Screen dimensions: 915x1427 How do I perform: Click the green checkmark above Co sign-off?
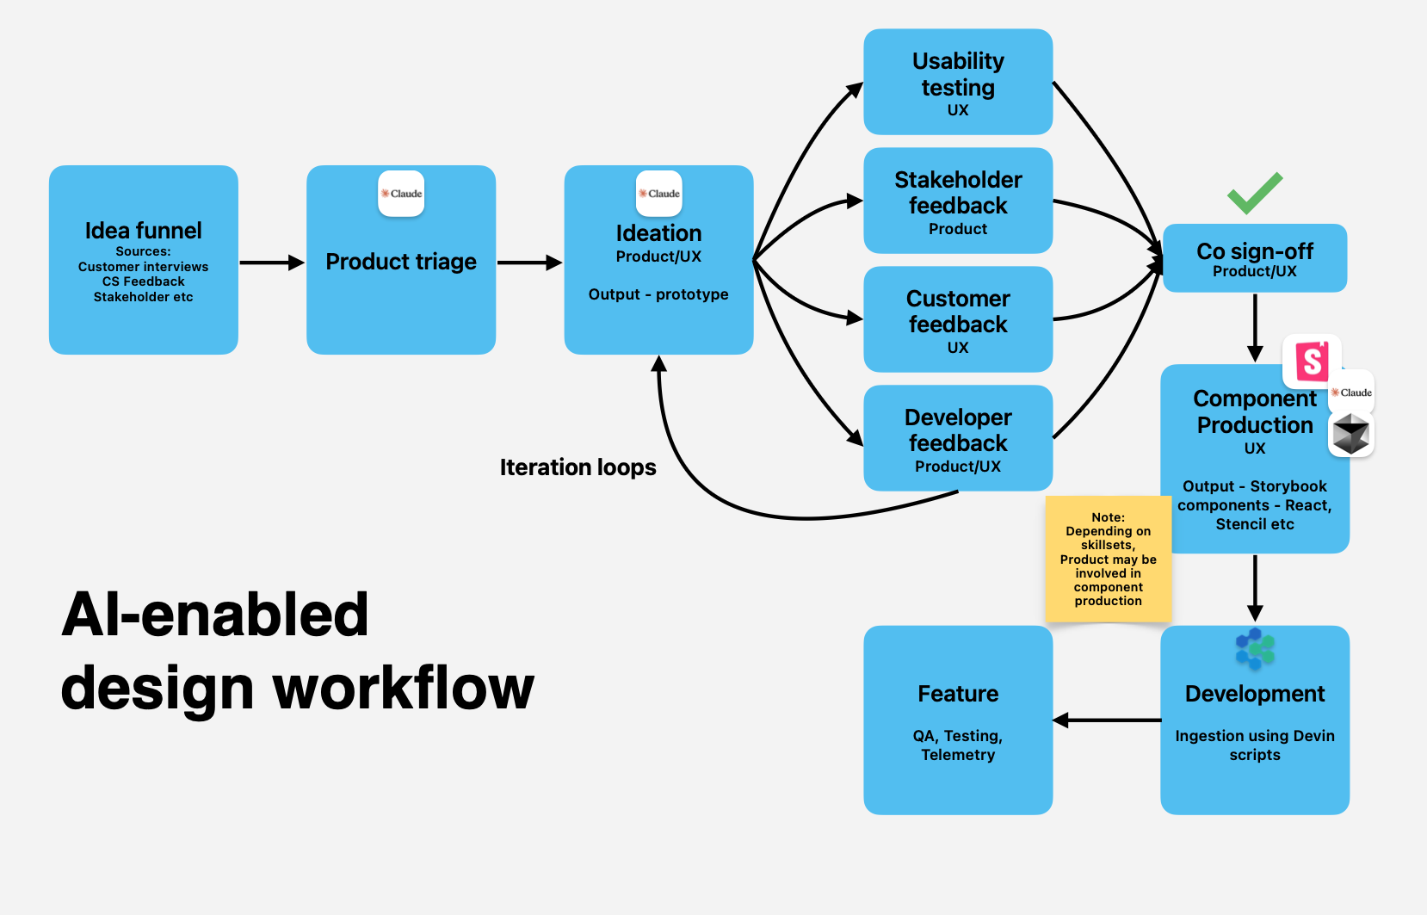point(1254,193)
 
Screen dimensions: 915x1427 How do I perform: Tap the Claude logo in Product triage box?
point(401,194)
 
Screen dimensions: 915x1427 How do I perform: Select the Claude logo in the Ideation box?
point(659,194)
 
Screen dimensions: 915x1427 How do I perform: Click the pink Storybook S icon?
point(1312,362)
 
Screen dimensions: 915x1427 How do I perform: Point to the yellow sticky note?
point(1108,559)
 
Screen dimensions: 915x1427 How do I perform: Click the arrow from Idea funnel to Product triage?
point(271,263)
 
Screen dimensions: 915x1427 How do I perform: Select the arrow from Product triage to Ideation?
point(528,263)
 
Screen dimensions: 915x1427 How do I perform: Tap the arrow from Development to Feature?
point(1106,720)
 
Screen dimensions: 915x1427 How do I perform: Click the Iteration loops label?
point(578,467)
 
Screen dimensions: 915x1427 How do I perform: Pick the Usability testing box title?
point(958,74)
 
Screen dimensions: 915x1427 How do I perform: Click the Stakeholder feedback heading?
point(958,193)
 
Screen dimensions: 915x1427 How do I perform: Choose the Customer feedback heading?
point(958,312)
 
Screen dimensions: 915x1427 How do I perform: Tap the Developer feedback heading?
point(958,430)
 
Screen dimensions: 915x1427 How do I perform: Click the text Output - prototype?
point(658,294)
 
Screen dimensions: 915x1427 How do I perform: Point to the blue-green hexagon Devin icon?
point(1255,649)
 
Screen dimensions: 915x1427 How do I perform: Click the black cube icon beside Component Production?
point(1350,434)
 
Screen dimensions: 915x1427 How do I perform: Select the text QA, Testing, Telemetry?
point(958,745)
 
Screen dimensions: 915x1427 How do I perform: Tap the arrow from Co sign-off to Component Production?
point(1255,328)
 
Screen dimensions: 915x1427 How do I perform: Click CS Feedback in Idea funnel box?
point(143,281)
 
